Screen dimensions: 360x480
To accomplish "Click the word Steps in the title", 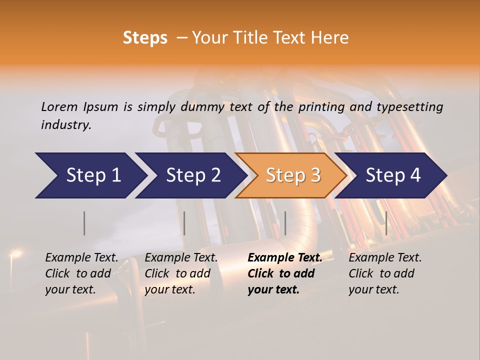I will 145,38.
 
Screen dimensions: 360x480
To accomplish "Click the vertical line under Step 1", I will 84,223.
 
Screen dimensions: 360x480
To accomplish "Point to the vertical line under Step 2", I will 184,223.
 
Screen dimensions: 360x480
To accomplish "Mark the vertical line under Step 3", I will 285,223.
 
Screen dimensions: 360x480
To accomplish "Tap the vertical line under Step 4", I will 386,223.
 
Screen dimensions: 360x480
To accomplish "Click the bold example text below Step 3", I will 284,273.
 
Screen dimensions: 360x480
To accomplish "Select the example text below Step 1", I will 81,273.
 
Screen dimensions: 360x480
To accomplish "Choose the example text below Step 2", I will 181,273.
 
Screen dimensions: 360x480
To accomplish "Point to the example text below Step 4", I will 385,273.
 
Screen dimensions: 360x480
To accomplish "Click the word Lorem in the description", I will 59,106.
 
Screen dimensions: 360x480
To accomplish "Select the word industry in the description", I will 65,124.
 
